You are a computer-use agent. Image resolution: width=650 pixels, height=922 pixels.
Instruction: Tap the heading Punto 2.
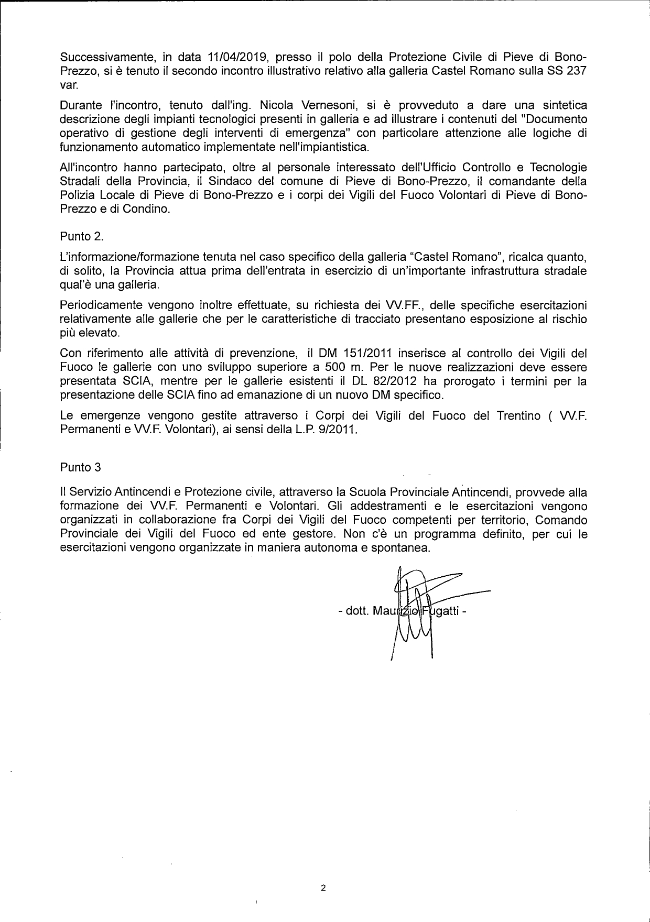click(82, 236)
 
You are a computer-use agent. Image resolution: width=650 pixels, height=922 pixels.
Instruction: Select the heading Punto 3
click(80, 466)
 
